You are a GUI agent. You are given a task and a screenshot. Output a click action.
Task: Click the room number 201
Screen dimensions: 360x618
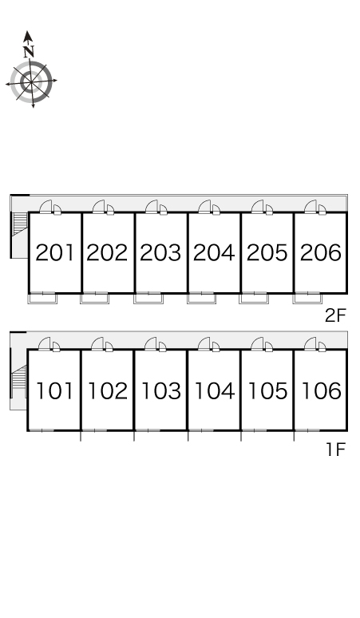[55, 252]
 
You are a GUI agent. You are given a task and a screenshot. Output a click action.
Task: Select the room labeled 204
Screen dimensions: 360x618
[214, 252]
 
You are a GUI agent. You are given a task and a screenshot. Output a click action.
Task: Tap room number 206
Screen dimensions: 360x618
[321, 252]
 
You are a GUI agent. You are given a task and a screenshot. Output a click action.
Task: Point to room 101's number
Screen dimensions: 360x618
[55, 390]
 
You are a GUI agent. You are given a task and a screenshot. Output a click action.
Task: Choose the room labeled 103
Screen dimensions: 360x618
[160, 390]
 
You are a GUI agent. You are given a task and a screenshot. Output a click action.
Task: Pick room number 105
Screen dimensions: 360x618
[267, 390]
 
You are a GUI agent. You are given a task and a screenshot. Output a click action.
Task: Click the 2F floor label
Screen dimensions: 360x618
[335, 315]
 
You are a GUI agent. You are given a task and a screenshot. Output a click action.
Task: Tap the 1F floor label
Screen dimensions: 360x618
[336, 450]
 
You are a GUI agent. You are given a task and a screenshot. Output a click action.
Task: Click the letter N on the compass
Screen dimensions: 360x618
[29, 51]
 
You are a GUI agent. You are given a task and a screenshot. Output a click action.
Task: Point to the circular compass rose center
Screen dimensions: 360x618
[31, 81]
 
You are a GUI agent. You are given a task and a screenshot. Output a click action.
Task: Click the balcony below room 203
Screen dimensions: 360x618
[148, 299]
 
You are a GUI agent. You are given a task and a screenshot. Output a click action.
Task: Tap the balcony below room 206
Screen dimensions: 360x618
[307, 299]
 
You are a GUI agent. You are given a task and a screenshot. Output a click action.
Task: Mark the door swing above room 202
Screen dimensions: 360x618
[99, 206]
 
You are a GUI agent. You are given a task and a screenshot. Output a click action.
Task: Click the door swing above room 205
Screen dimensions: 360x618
[258, 206]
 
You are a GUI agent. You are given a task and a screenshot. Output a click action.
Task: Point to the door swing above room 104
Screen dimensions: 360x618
[204, 343]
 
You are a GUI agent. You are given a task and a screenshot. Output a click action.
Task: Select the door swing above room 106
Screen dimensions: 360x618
[311, 343]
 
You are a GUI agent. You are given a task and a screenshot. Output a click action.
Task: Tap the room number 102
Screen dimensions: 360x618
[108, 390]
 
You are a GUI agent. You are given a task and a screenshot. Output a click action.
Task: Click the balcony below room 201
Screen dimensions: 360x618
[42, 299]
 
